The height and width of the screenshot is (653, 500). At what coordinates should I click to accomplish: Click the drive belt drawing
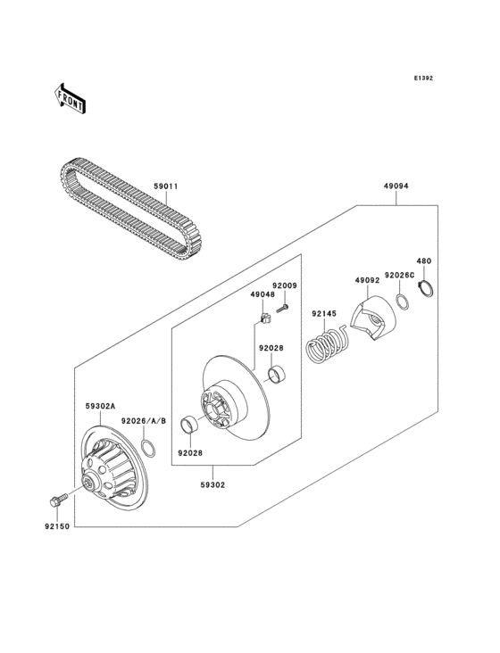pos(125,204)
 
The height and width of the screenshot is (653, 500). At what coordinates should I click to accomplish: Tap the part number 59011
pos(166,187)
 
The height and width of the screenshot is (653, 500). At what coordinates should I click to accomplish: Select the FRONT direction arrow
pos(71,97)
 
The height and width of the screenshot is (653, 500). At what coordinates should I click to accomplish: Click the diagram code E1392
pos(422,79)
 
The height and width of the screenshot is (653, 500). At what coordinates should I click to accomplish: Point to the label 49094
pos(396,188)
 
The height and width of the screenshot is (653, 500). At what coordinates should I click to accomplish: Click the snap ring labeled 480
pos(428,290)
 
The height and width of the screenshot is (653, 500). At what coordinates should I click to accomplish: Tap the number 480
pos(424,261)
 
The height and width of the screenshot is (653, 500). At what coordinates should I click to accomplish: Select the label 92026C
pos(398,276)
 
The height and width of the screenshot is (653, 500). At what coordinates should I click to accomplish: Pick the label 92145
pos(324,313)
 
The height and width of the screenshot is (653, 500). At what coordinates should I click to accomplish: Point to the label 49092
pos(368,281)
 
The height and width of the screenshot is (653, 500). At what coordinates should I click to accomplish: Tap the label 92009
pos(284,285)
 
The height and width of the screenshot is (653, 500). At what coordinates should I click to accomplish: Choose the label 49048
pos(262,294)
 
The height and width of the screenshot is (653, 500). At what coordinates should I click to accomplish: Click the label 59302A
pos(100,406)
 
